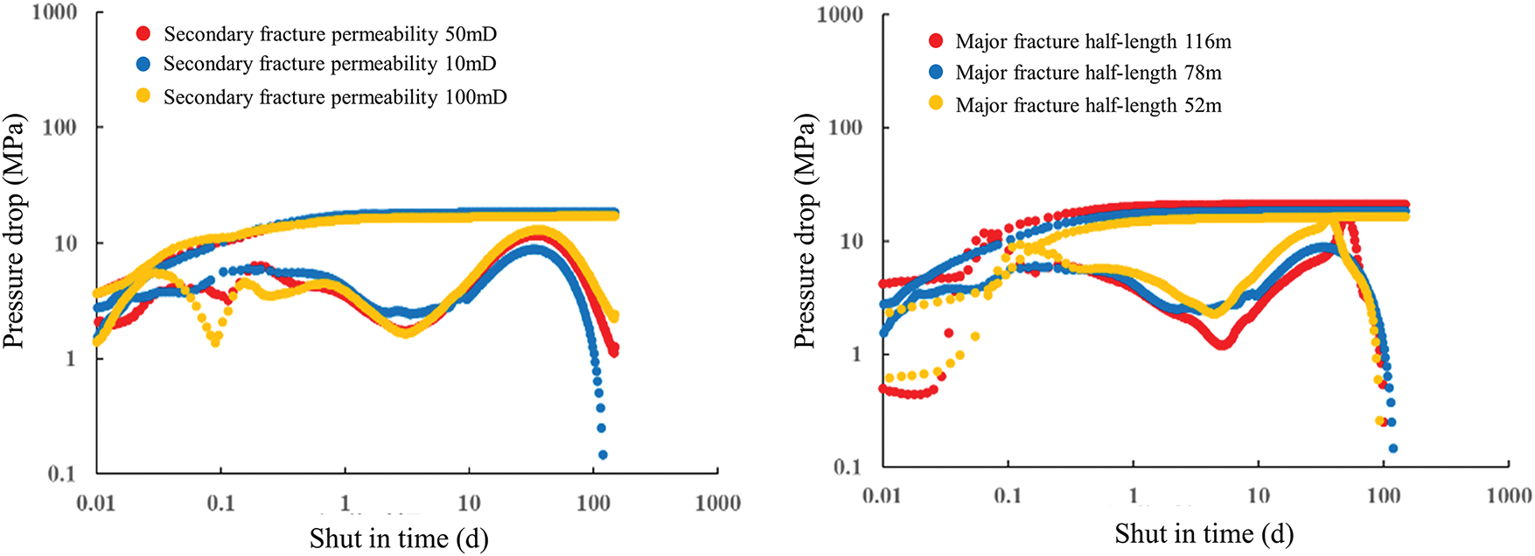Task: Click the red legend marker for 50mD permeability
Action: point(143,34)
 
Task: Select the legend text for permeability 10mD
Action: point(330,64)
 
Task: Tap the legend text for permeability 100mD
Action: point(335,96)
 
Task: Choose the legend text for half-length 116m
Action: point(1093,41)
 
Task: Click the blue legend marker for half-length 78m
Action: point(936,72)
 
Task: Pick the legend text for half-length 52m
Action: point(1088,105)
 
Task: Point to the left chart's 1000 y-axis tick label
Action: point(54,12)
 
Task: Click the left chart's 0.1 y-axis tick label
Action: point(61,474)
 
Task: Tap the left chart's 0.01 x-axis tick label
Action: point(95,503)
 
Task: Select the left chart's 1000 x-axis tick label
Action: point(718,503)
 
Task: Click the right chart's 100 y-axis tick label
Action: point(845,127)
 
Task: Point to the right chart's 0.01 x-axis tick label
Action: point(882,496)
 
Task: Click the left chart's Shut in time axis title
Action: point(399,538)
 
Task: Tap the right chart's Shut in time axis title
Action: point(1204,533)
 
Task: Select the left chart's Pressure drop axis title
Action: point(14,231)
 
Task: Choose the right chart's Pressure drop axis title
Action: point(805,231)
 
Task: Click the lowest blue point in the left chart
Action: point(603,454)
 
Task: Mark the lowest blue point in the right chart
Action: point(1393,448)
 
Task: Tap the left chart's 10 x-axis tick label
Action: point(469,503)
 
